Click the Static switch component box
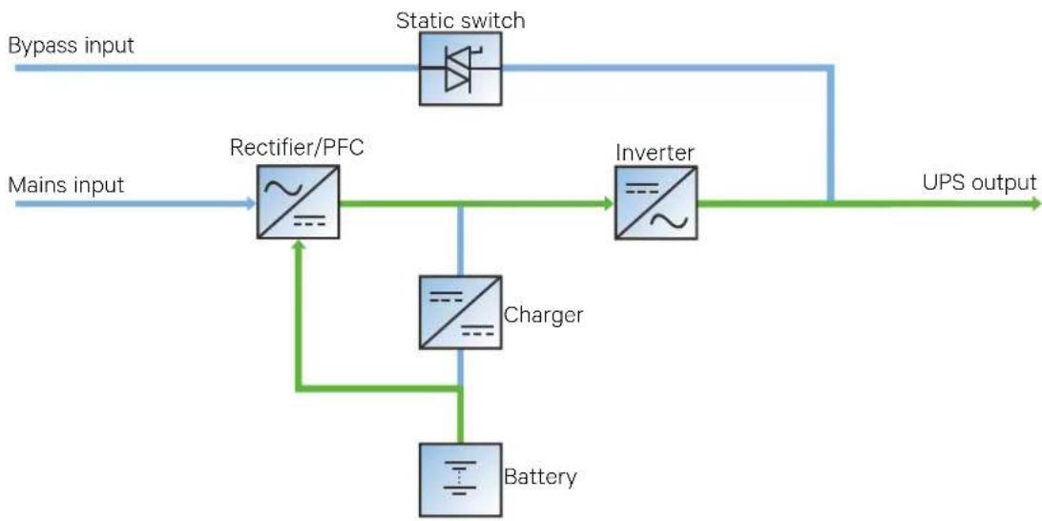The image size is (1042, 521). [461, 69]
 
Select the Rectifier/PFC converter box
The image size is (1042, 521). [298, 202]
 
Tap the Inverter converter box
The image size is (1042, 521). [656, 202]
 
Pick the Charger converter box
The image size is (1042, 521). [461, 312]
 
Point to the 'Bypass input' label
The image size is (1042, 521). [72, 45]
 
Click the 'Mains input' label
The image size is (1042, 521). [66, 184]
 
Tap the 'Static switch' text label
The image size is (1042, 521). [461, 20]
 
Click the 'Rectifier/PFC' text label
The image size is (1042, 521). [297, 147]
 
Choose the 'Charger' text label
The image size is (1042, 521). [544, 314]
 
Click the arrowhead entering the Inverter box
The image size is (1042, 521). [609, 203]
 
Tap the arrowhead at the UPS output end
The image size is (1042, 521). [1035, 203]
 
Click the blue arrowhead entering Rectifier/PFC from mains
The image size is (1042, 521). [251, 203]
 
